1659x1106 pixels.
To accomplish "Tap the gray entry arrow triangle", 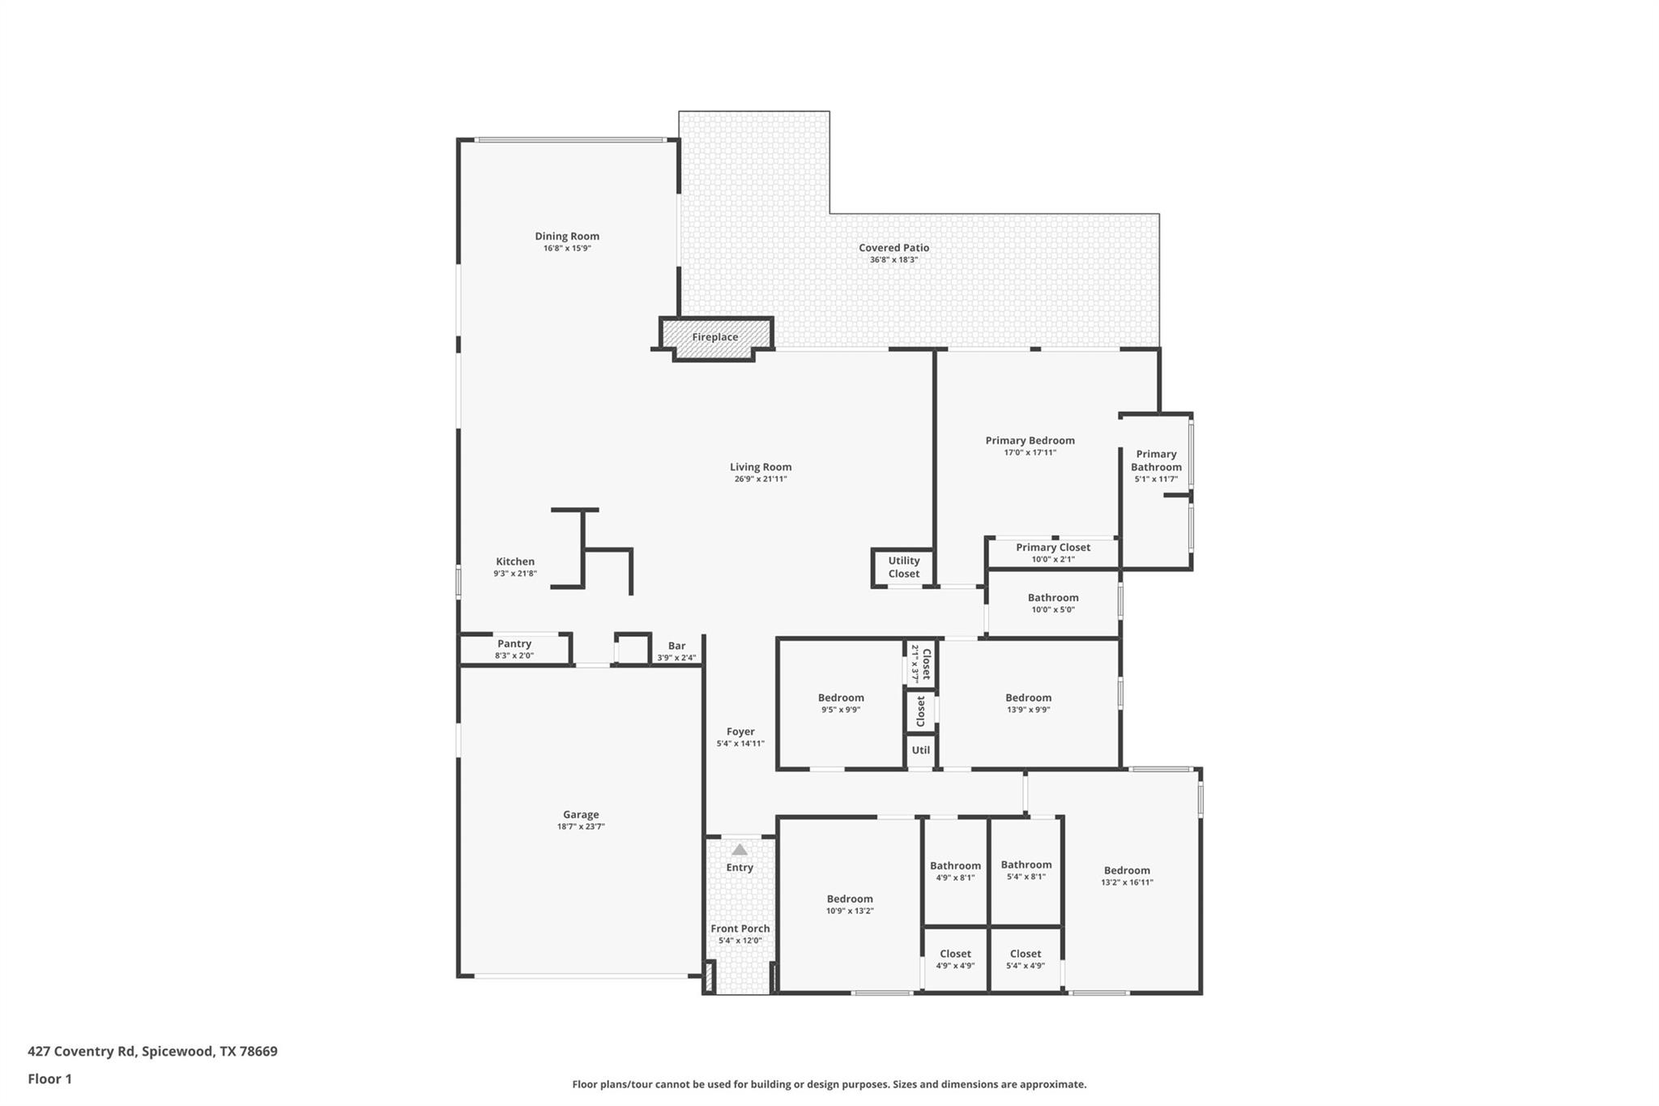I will coord(740,849).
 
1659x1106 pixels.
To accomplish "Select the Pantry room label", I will coord(514,643).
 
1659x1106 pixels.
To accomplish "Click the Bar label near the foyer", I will coord(676,646).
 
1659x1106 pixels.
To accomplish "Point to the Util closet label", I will coord(921,749).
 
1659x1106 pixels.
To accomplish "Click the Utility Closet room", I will coord(904,567).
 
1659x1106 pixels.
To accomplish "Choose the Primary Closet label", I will coord(1053,547).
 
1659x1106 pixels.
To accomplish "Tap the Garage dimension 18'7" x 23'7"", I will coord(581,826).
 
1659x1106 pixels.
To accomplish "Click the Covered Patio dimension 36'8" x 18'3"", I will coord(894,259).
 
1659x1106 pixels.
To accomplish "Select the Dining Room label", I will coord(567,236).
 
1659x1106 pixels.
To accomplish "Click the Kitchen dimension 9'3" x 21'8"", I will coord(515,573).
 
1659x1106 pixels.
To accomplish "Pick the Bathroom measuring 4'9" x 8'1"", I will coord(955,871).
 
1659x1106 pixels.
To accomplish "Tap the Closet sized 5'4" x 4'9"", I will coord(1026,959).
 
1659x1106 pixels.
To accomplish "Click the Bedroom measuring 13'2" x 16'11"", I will coord(1127,876).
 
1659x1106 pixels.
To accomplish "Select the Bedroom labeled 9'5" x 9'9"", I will coord(841,702).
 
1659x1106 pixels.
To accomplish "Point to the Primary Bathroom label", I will coord(1156,460).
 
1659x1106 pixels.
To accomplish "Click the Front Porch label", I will coord(740,929).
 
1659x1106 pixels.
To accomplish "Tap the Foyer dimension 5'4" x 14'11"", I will coord(740,743).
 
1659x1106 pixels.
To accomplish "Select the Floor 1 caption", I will coord(49,1078).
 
